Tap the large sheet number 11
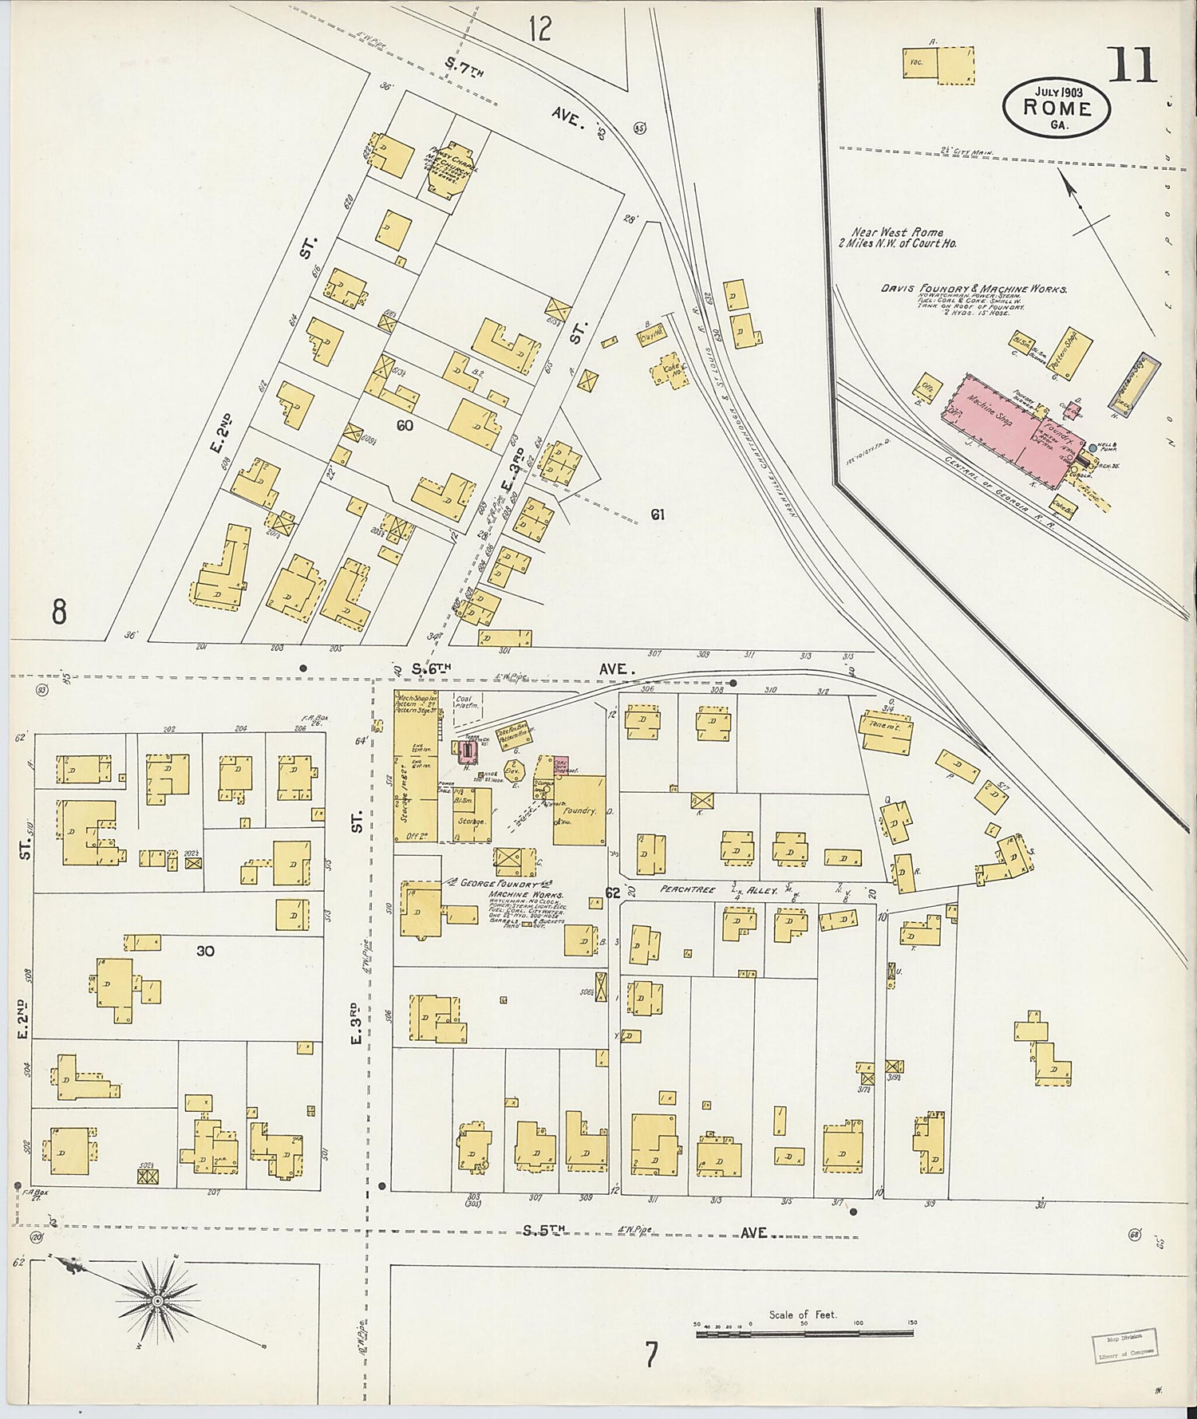point(1132,65)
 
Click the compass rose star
point(158,1301)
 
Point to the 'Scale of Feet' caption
point(803,1315)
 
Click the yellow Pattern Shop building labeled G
point(1069,353)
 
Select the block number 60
point(405,425)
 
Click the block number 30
point(205,951)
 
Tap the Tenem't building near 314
point(886,733)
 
